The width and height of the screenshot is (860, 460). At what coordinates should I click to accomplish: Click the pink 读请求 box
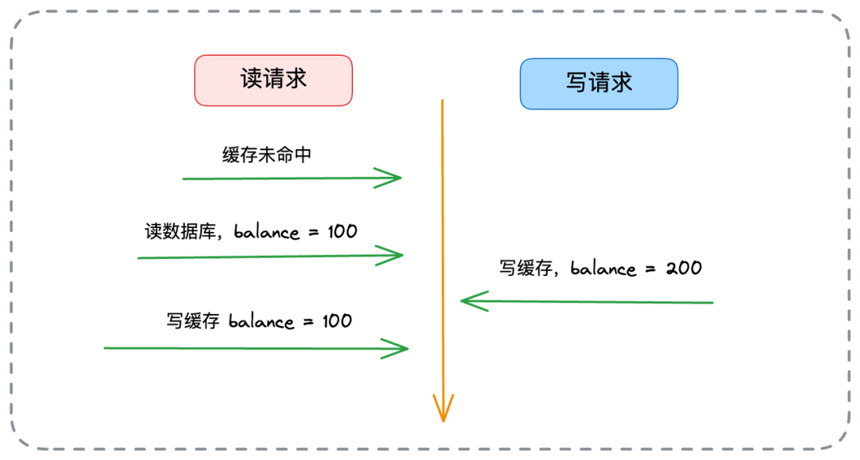tap(273, 80)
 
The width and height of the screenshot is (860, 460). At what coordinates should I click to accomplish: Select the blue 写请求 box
tap(599, 82)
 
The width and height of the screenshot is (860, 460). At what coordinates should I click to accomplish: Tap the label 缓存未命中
tap(267, 155)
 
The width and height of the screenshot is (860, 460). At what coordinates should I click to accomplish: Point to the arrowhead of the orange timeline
tap(443, 410)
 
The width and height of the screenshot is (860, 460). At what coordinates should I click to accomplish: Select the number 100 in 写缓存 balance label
tap(337, 321)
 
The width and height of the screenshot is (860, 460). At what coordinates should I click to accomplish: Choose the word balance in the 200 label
tap(603, 268)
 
